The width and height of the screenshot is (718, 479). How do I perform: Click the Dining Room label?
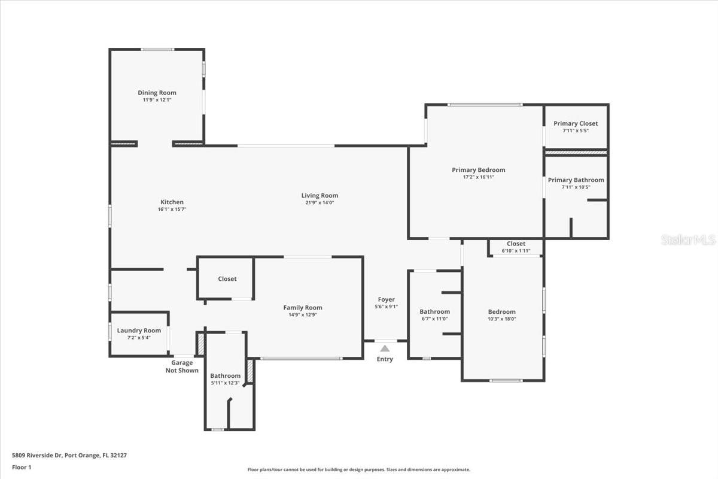157,93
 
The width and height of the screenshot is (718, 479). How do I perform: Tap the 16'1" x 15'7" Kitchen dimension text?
172,209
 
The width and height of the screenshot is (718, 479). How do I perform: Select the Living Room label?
320,195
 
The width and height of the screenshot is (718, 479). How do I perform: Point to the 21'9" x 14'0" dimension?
320,202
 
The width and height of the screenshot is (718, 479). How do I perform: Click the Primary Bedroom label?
479,170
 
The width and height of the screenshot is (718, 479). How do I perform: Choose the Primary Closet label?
576,123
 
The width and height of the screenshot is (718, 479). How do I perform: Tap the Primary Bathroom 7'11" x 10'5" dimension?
576,187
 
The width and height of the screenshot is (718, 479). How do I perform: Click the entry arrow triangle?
385,348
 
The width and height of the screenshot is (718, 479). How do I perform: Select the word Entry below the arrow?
385,359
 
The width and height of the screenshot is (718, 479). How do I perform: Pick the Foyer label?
387,299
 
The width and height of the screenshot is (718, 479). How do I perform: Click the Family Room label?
303,308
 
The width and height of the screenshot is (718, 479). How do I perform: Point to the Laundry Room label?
139,331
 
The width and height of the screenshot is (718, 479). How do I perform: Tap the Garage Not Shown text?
182,366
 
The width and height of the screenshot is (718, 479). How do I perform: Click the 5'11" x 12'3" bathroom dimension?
225,383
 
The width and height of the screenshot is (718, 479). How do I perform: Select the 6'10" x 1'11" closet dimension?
516,250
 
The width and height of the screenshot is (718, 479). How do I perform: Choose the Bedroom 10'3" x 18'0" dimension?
501,319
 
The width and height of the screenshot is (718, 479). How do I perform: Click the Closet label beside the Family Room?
227,279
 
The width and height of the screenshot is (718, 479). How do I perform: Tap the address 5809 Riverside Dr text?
37,455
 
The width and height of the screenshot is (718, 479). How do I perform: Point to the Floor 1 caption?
22,467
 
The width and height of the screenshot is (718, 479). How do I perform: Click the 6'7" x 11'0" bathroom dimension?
434,319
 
